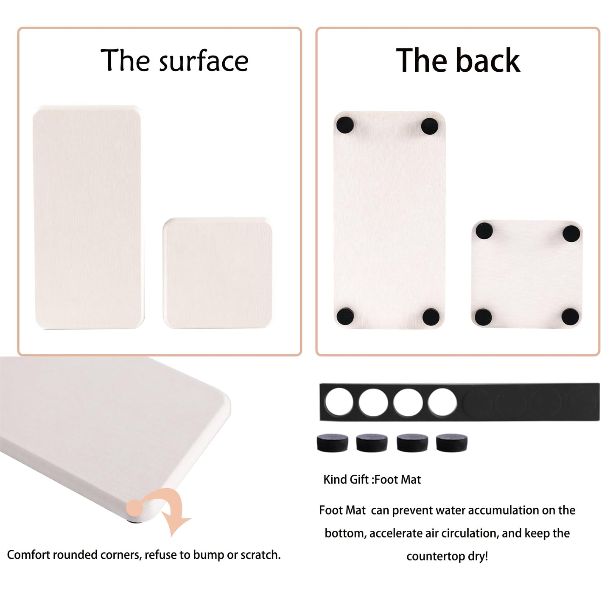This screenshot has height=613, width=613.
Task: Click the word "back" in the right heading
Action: (x=488, y=60)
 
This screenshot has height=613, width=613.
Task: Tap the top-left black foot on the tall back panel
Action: (x=345, y=125)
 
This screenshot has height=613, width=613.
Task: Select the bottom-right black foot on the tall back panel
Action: (x=431, y=316)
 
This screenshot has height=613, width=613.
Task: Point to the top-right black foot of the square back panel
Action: (x=571, y=234)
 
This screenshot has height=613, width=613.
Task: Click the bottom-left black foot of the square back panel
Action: (x=483, y=317)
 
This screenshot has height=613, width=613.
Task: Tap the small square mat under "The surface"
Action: (x=218, y=273)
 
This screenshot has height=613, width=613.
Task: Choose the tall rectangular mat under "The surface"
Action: (x=88, y=217)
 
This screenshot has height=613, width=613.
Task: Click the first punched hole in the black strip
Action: (x=339, y=402)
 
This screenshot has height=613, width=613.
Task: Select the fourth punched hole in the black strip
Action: (x=442, y=402)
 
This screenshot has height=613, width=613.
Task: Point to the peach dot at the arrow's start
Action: (x=135, y=507)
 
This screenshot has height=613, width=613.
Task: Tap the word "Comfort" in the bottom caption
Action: (x=28, y=555)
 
